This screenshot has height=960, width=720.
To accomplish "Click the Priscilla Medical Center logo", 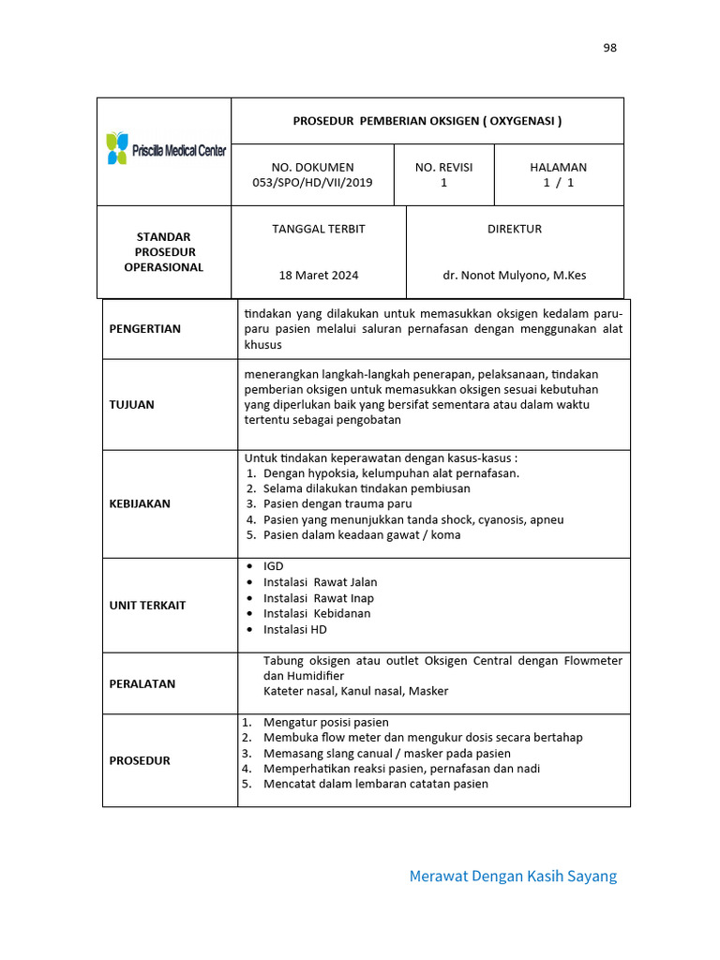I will (x=165, y=149).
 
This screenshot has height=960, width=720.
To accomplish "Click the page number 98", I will (x=609, y=48).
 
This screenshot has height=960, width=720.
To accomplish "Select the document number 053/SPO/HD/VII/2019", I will (x=312, y=183).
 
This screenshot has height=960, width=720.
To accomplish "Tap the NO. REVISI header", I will (x=443, y=167).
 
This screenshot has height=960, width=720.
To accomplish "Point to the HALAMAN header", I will (x=558, y=167).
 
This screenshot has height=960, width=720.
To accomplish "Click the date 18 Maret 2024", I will (x=318, y=276).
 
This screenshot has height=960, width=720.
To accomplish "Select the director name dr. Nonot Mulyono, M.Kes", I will (x=515, y=276).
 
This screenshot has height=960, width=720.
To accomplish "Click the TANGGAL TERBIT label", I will (x=318, y=229).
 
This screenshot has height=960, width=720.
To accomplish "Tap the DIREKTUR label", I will (x=514, y=229).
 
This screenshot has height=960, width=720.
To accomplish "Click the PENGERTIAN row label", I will (x=145, y=329).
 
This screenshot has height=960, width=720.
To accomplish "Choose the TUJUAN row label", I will (x=132, y=405).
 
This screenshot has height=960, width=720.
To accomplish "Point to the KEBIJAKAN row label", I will (x=140, y=503).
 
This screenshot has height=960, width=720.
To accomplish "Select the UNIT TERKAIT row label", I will (x=147, y=605).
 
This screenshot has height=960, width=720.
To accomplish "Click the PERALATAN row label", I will (x=142, y=683).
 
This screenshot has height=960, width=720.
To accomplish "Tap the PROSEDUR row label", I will (x=140, y=760).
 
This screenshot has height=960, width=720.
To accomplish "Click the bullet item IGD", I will (x=273, y=566).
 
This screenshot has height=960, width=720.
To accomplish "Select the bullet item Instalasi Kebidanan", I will (x=317, y=613).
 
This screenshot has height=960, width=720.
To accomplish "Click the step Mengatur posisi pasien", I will (x=325, y=723).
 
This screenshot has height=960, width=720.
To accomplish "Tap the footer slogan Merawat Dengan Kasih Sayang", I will (x=513, y=877).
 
